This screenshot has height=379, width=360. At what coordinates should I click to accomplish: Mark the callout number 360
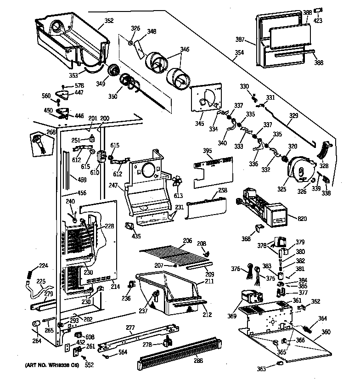(x=326, y=332)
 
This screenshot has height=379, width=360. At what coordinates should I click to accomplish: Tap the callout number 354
(x=239, y=52)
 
